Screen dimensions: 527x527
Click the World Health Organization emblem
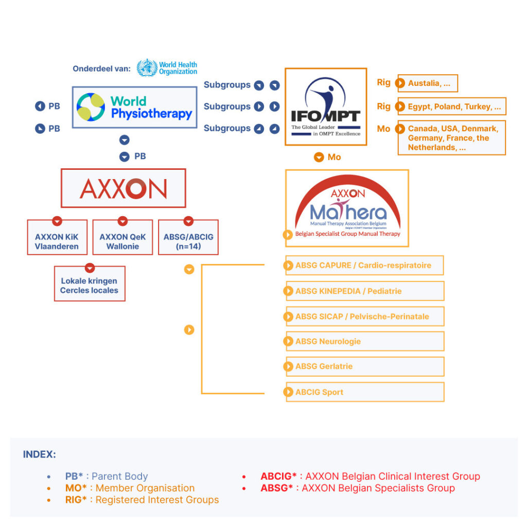pos(147,68)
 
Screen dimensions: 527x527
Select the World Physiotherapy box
pos(134,107)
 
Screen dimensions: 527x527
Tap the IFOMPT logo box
pos(326,107)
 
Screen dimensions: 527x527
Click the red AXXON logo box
pos(124,188)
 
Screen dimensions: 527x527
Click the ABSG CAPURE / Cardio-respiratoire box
pos(364,266)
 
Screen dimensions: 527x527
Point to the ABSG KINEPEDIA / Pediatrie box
pos(364,291)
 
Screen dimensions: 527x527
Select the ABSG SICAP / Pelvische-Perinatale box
pos(364,317)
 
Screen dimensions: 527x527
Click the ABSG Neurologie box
pos(364,341)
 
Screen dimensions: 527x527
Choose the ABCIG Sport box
pos(364,392)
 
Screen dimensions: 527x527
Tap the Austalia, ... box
pos(428,83)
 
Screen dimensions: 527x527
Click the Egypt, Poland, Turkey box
pos(452,107)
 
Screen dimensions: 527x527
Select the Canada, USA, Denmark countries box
pos(452,137)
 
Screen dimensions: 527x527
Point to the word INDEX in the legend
pos(40,454)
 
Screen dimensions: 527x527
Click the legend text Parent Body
pos(119,477)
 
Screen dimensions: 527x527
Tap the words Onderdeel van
pos(101,68)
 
